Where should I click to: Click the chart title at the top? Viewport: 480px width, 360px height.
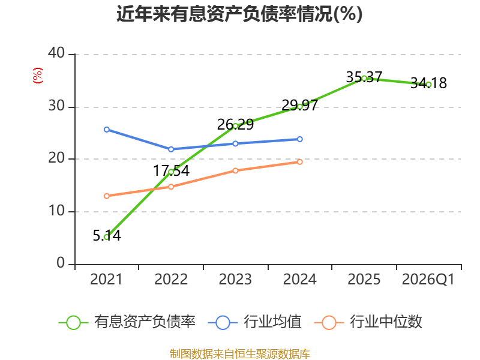239,14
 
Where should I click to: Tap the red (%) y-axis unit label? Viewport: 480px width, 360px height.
38,76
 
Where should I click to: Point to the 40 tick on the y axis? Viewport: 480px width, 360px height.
56,53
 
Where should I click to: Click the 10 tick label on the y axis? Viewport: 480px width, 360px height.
56,211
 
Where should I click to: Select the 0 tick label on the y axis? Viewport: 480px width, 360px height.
61,263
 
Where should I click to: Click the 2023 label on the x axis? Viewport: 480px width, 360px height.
235,279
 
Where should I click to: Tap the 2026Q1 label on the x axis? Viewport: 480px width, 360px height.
428,279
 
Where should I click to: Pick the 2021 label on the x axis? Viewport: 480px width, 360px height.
106,279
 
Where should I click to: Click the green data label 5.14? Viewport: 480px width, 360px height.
107,235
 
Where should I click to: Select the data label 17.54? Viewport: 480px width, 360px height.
171,170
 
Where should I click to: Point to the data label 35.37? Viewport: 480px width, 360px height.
364,77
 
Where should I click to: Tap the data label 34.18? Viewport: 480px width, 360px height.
428,83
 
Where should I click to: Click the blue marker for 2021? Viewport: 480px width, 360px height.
107,130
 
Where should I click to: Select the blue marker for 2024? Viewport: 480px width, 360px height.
299,139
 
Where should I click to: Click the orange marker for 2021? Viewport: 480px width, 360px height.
107,196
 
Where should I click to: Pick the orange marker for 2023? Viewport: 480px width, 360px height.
235,170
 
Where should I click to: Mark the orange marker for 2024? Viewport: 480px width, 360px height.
299,162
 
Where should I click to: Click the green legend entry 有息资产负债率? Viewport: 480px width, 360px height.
127,322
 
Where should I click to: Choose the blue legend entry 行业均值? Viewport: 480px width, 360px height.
254,322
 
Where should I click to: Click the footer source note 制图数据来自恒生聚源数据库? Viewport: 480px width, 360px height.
239,353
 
